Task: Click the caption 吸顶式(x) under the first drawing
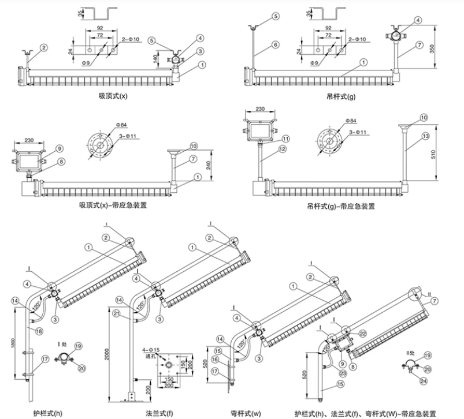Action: pyautogui.click(x=113, y=96)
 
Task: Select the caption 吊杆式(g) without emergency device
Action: pyautogui.click(x=341, y=96)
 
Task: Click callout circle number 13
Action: pyautogui.click(x=425, y=136)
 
